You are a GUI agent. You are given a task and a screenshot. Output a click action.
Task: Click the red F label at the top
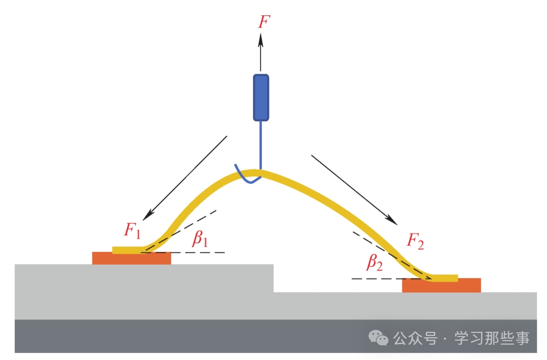tap(264, 22)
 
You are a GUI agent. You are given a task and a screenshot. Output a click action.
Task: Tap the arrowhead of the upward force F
tap(260, 39)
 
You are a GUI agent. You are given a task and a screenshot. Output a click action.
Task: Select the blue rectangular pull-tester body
tap(261, 97)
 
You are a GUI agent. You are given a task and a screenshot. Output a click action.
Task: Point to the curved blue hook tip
tap(247, 176)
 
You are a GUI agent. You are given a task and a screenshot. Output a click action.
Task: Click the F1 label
tap(132, 230)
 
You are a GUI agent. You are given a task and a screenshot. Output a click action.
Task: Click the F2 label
tap(415, 241)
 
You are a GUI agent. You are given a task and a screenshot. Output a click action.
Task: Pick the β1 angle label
tap(200, 239)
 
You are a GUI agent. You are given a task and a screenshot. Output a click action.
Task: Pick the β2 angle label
tap(374, 262)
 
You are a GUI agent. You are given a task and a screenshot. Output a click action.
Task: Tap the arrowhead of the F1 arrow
tap(148, 215)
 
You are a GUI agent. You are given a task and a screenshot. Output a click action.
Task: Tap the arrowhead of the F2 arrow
tap(392, 220)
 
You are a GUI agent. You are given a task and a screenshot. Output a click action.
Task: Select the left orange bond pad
tap(132, 258)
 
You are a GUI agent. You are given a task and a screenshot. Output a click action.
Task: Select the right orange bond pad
tap(441, 285)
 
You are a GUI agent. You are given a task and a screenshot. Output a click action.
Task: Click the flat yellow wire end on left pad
tap(128, 250)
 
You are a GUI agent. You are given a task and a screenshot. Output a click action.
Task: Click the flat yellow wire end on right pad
tap(445, 278)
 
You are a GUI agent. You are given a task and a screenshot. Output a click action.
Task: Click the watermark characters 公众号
tap(415, 338)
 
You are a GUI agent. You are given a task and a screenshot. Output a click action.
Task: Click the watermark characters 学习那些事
tap(492, 338)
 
